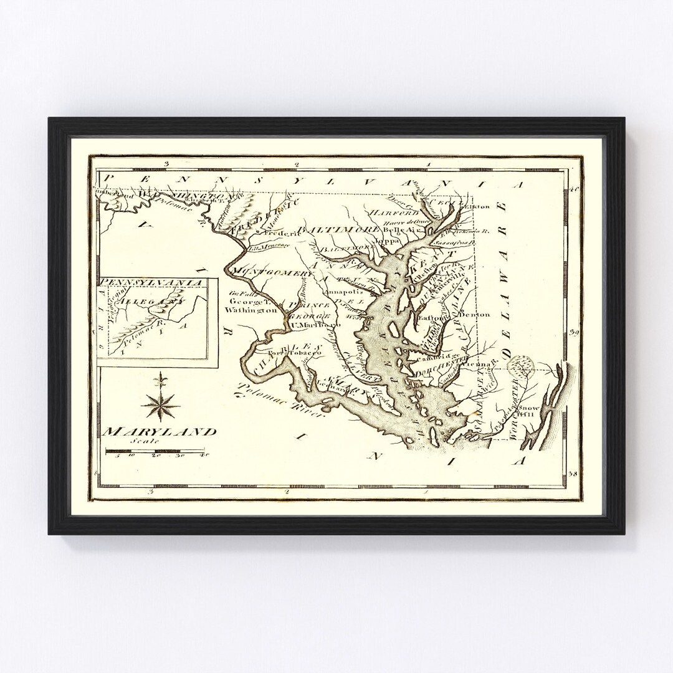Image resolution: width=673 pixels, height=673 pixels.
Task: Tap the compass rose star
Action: click(160, 403)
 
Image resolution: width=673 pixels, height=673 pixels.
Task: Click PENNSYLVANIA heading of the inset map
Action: click(153, 282)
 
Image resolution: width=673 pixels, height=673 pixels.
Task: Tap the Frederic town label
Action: click(280, 231)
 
